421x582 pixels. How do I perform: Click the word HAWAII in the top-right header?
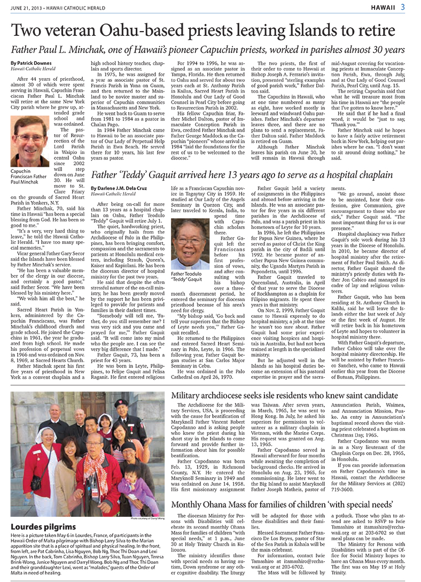pos(383,6)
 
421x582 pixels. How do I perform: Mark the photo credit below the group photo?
pos(145,519)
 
